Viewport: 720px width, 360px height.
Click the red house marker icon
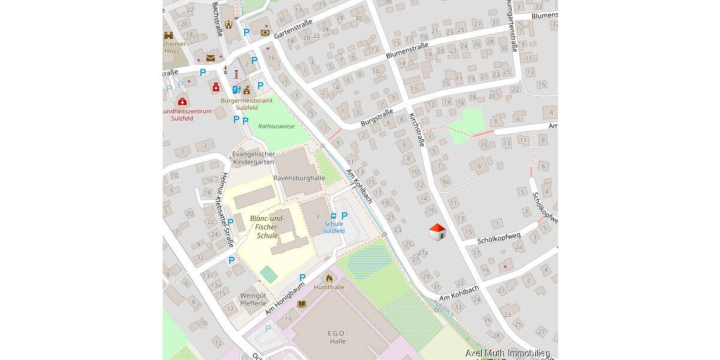pyautogui.click(x=437, y=232)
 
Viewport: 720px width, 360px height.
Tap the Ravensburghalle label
pyautogui.click(x=299, y=178)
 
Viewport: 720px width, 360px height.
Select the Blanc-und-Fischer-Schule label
pyautogui.click(x=267, y=227)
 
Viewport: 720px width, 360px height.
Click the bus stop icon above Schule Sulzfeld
pyautogui.click(x=334, y=216)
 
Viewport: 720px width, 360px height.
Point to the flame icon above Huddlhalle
pyautogui.click(x=329, y=278)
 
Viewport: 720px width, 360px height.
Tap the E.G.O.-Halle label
pyautogui.click(x=338, y=337)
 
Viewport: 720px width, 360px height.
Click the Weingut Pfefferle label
pyautogui.click(x=253, y=299)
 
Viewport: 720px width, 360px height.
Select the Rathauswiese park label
pyautogui.click(x=276, y=127)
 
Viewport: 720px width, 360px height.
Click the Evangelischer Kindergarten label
pyautogui.click(x=253, y=158)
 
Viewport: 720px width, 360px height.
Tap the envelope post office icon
pyautogui.click(x=211, y=58)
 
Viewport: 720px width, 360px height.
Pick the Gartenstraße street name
pyautogui.click(x=293, y=29)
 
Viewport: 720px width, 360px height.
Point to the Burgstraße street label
pyautogui.click(x=377, y=117)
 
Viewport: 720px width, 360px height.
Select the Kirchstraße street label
pyautogui.click(x=416, y=130)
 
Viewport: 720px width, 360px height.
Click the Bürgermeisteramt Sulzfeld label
pyautogui.click(x=247, y=104)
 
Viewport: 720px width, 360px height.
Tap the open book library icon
pyautogui.click(x=302, y=304)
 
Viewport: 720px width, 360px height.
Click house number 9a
pyautogui.click(x=445, y=181)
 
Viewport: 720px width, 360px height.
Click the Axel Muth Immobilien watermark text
pyautogui.click(x=508, y=353)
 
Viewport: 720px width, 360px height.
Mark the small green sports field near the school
pyautogui.click(x=269, y=275)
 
